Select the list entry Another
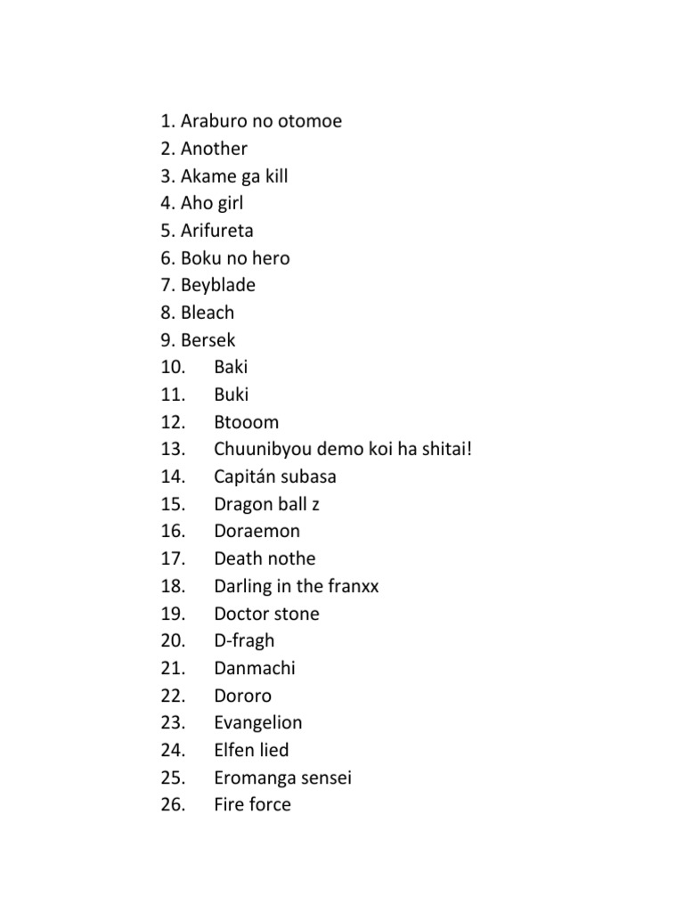214,149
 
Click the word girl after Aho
226,203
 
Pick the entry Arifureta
217,231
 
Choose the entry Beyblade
218,285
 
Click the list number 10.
173,367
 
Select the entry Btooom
246,421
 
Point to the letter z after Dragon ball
315,504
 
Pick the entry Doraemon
256,531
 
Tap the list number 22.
173,696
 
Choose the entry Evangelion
257,722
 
